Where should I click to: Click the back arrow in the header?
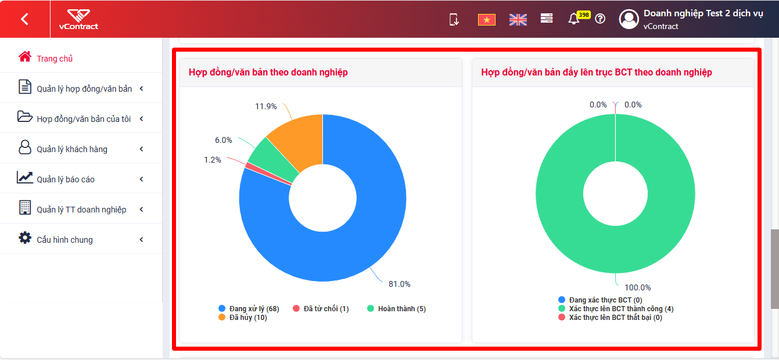pos(24,19)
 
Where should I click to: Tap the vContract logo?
pos(78,20)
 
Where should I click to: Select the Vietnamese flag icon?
pos(487,20)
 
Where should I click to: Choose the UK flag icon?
pos(518,20)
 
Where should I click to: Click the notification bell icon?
pos(574,19)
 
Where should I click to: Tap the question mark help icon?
pos(600,19)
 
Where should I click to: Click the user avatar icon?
pos(629,19)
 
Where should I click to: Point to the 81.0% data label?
pos(399,285)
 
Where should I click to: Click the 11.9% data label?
pos(265,106)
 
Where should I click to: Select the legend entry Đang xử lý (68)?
pos(249,308)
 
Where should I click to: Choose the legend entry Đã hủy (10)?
pos(243,318)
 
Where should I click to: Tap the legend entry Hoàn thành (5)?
pos(397,308)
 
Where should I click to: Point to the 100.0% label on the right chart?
pos(637,288)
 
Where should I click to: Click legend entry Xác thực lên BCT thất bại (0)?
pos(611,318)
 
